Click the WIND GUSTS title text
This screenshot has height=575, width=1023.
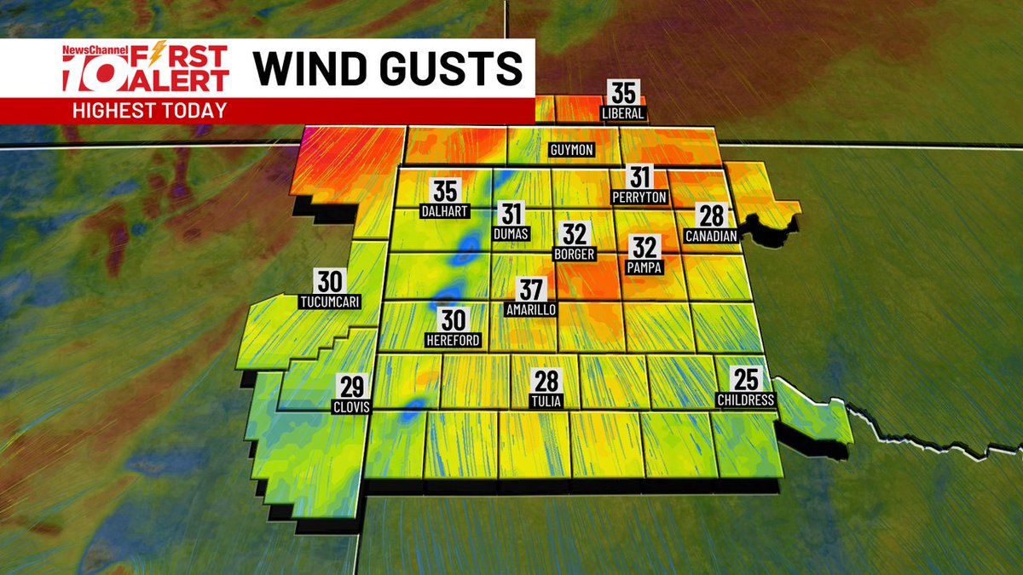point(388,68)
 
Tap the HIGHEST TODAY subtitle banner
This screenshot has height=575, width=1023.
point(149,110)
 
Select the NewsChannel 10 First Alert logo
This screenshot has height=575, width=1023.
point(145,68)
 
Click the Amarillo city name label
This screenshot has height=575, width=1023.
point(529,310)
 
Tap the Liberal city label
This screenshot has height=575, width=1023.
point(622,113)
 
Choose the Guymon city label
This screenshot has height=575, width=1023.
point(570,151)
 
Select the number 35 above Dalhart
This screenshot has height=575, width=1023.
point(445,191)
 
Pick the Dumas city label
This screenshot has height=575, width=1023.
point(511,233)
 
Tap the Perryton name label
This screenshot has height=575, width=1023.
point(639,198)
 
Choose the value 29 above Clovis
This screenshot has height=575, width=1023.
point(351,386)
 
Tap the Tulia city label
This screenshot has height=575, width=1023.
point(546,401)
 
